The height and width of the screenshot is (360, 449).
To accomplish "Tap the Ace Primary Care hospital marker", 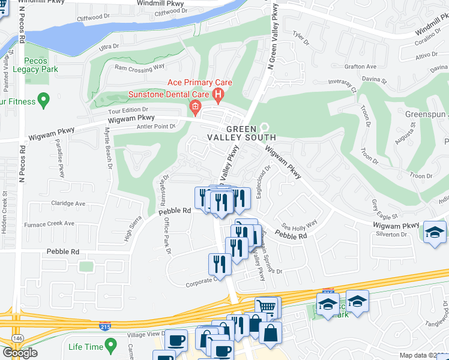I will point(218,94).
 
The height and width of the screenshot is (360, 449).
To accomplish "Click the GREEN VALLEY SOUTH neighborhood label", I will point(243,133).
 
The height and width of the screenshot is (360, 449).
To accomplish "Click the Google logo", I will point(20,353).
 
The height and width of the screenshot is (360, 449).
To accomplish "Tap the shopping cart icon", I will point(266,307).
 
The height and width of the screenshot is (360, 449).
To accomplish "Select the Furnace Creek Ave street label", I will point(49,224).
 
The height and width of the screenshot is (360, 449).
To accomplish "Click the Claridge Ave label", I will point(68,203).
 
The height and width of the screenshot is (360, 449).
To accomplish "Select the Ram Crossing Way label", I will point(139,68).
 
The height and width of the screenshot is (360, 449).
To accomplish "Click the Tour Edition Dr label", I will point(127,110).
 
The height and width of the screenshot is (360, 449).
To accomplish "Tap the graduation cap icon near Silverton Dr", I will point(435,232).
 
